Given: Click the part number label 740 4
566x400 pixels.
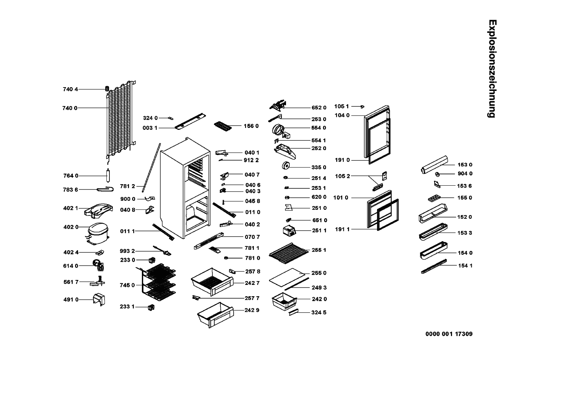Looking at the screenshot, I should (x=70, y=89).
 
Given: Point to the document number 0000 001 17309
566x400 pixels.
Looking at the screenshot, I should (x=449, y=334).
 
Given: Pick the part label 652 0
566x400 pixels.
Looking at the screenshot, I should (x=319, y=108).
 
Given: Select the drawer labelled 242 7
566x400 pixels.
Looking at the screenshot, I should (x=212, y=281).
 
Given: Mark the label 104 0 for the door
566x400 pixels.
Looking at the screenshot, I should (x=342, y=115).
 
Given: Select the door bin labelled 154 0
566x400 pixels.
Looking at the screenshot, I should (x=433, y=251).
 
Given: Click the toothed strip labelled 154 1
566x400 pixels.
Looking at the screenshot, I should (x=434, y=266).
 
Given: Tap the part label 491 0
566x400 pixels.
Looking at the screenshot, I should (x=71, y=300).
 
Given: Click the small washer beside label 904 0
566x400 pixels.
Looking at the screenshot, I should (x=437, y=174).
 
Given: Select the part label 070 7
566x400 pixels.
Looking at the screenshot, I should (x=252, y=237).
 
